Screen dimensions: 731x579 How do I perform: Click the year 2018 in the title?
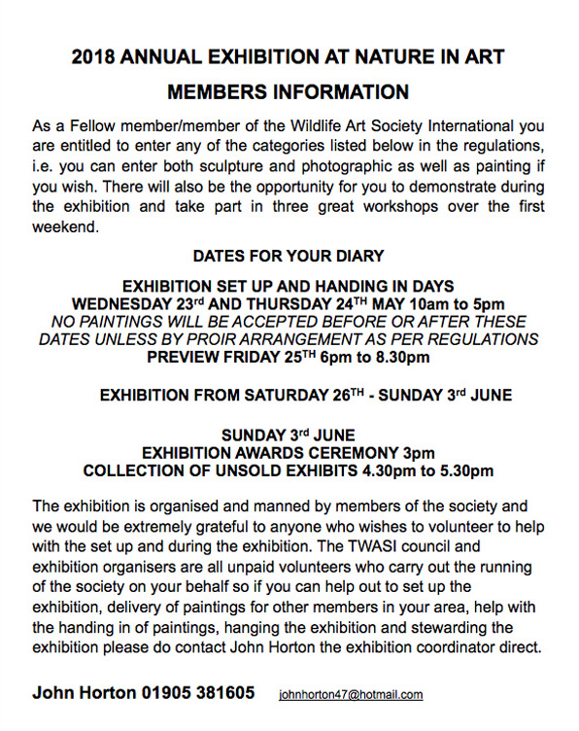pos(94,56)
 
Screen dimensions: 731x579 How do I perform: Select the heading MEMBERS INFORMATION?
pos(289,93)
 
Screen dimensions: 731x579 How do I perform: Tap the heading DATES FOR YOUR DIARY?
pos(289,257)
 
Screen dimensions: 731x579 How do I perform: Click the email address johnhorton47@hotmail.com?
pos(351,695)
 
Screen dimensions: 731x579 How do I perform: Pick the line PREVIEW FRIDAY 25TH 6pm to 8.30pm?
pos(289,357)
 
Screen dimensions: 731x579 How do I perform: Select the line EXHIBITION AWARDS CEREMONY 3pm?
pos(289,453)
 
